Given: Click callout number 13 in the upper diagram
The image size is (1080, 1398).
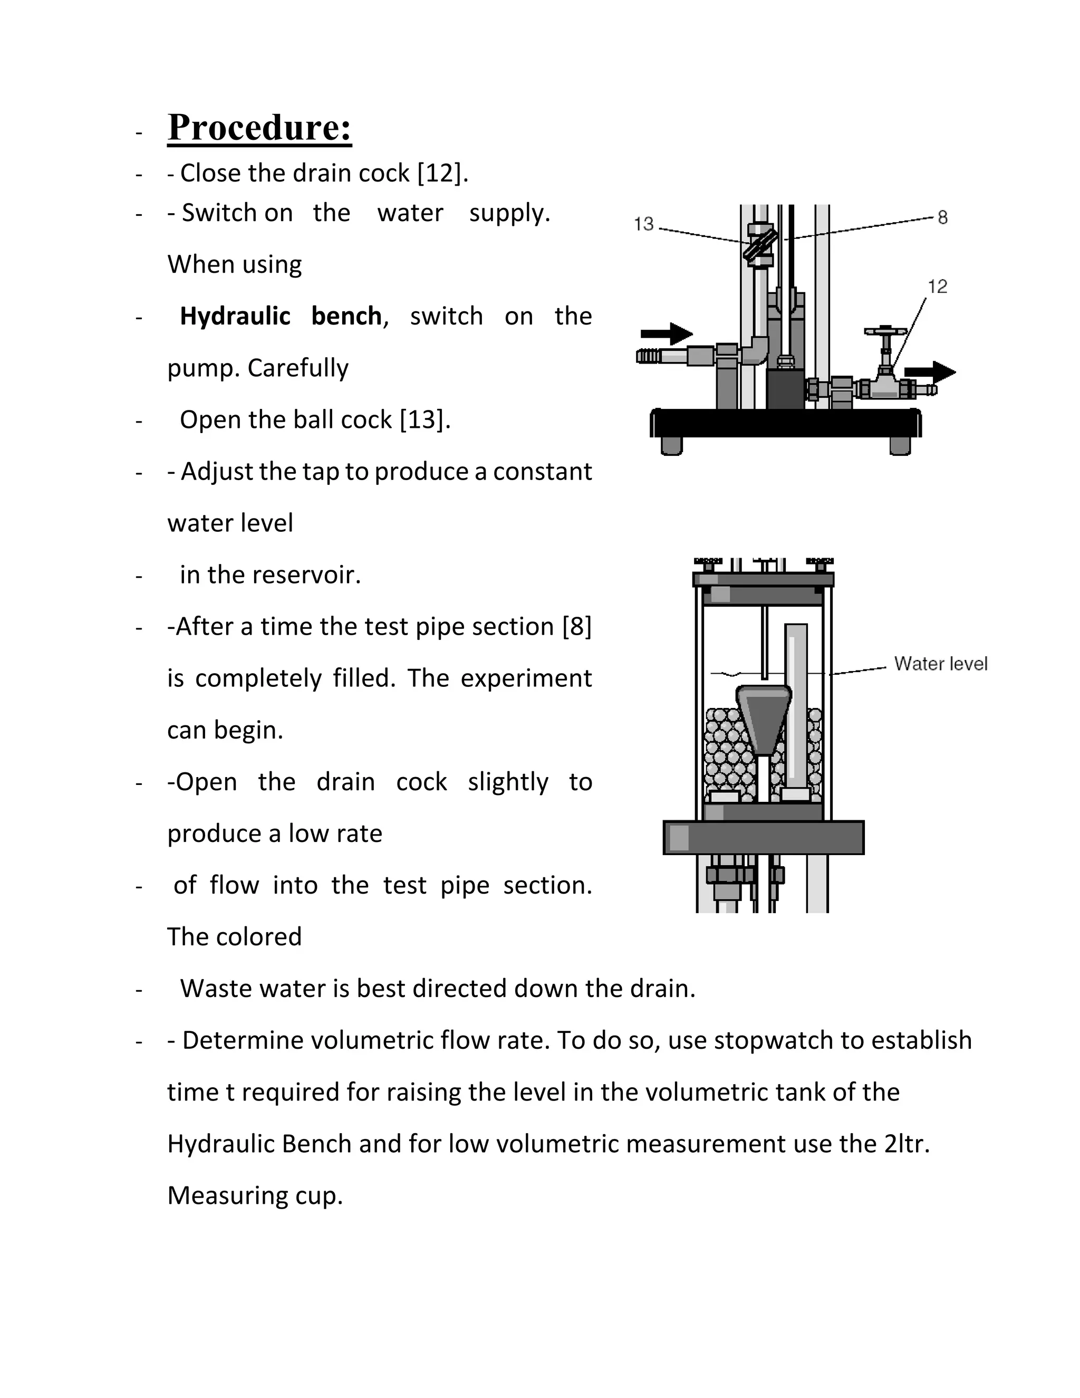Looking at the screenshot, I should click(644, 224).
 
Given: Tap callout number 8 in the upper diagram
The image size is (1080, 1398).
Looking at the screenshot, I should click(942, 218).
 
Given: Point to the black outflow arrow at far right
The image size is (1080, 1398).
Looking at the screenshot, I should click(930, 372).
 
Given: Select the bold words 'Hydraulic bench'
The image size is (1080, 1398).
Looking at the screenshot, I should click(280, 316).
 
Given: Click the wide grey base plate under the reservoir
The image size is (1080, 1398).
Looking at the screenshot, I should click(763, 837).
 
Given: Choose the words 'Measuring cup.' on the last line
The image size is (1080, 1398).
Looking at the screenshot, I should click(255, 1196).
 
